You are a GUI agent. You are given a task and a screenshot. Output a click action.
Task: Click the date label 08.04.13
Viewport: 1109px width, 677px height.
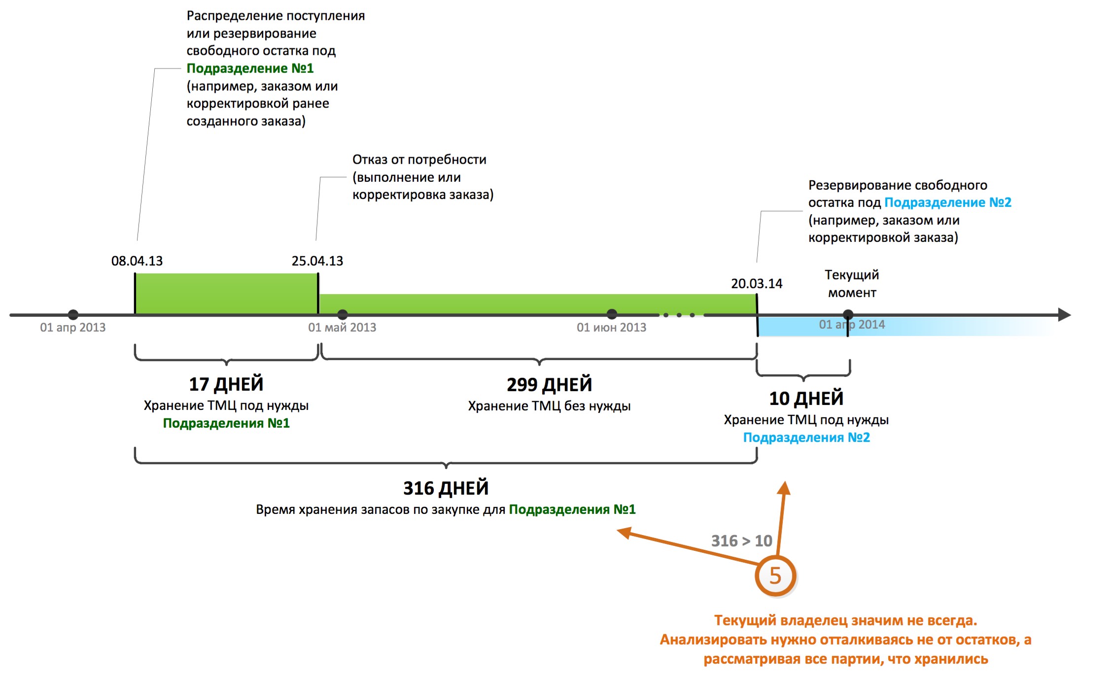click(x=137, y=261)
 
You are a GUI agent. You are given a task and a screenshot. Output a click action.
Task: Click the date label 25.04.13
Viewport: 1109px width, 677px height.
click(x=317, y=261)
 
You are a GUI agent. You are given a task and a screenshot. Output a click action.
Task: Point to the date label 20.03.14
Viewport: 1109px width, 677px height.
click(x=756, y=283)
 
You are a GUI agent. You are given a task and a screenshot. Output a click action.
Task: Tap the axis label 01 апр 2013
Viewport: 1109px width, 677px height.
click(x=72, y=327)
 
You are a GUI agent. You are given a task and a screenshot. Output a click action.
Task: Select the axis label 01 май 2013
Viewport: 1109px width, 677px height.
click(x=342, y=327)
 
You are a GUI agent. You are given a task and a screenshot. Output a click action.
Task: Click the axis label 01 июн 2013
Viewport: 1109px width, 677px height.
click(x=611, y=327)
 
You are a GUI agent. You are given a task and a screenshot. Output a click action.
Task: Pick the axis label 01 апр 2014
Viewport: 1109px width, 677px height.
click(x=852, y=324)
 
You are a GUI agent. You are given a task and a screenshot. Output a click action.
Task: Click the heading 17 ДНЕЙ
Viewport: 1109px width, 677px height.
click(x=226, y=384)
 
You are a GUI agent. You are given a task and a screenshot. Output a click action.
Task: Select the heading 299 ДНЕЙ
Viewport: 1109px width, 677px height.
click(x=549, y=384)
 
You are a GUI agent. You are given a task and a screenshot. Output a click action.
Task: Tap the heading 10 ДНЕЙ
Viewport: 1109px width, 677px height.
click(x=806, y=398)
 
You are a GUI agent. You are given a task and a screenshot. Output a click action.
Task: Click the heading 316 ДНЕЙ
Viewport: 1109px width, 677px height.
click(x=446, y=488)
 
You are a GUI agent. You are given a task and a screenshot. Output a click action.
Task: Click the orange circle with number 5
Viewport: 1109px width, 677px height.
click(x=775, y=575)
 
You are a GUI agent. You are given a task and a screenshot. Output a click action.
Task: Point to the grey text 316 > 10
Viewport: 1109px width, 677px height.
click(x=741, y=541)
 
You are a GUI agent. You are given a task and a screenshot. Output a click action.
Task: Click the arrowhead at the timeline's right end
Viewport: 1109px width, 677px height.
click(x=1064, y=314)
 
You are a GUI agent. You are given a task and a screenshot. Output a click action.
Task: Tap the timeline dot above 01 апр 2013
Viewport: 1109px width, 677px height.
click(x=73, y=314)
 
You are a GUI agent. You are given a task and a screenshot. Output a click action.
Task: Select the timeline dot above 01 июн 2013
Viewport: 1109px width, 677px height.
click(x=612, y=314)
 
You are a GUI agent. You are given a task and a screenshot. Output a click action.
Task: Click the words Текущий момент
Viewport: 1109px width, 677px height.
click(x=852, y=283)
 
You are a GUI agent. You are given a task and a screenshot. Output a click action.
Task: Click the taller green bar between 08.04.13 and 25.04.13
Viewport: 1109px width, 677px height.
click(x=226, y=293)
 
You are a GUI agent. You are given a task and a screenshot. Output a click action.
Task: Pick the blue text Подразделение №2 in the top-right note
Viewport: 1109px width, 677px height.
click(x=947, y=203)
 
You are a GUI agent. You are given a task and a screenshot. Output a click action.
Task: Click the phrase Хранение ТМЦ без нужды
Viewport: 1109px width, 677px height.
click(x=549, y=406)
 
